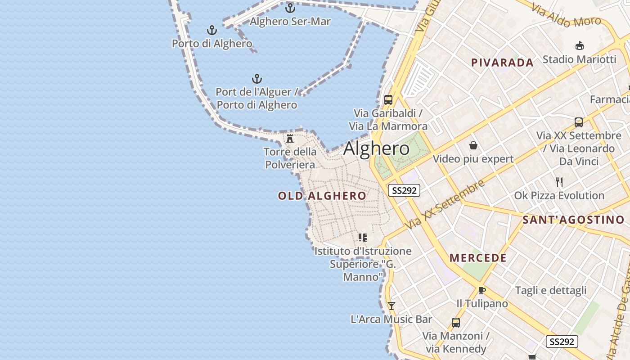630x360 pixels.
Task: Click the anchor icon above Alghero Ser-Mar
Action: point(290,8)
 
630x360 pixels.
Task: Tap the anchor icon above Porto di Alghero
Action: point(212,30)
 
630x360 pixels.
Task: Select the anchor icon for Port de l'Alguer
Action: point(257,79)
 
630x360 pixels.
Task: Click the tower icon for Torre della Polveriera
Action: point(290,138)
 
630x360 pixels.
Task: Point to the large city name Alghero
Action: point(377,148)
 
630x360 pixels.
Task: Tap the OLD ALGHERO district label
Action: point(322,196)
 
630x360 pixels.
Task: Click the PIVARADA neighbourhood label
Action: point(502,63)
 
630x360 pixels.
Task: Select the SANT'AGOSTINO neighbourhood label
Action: point(573,220)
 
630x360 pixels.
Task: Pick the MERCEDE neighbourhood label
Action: point(478,258)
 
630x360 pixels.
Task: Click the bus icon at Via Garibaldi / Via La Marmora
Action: point(388,99)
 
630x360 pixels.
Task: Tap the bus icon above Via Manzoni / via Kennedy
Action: point(456,322)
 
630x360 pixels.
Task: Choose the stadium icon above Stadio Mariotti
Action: point(580,45)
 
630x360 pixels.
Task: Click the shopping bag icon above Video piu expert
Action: point(473,145)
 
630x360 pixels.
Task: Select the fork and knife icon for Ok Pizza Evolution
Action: point(559,182)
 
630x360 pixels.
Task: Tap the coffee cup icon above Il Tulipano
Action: point(482,290)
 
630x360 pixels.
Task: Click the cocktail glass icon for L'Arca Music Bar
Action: point(391,306)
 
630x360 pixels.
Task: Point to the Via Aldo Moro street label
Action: point(566,15)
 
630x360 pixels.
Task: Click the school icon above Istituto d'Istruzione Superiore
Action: point(363,237)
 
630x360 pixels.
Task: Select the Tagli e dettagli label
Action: point(551,290)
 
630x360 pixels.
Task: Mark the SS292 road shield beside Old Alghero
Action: point(404,190)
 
